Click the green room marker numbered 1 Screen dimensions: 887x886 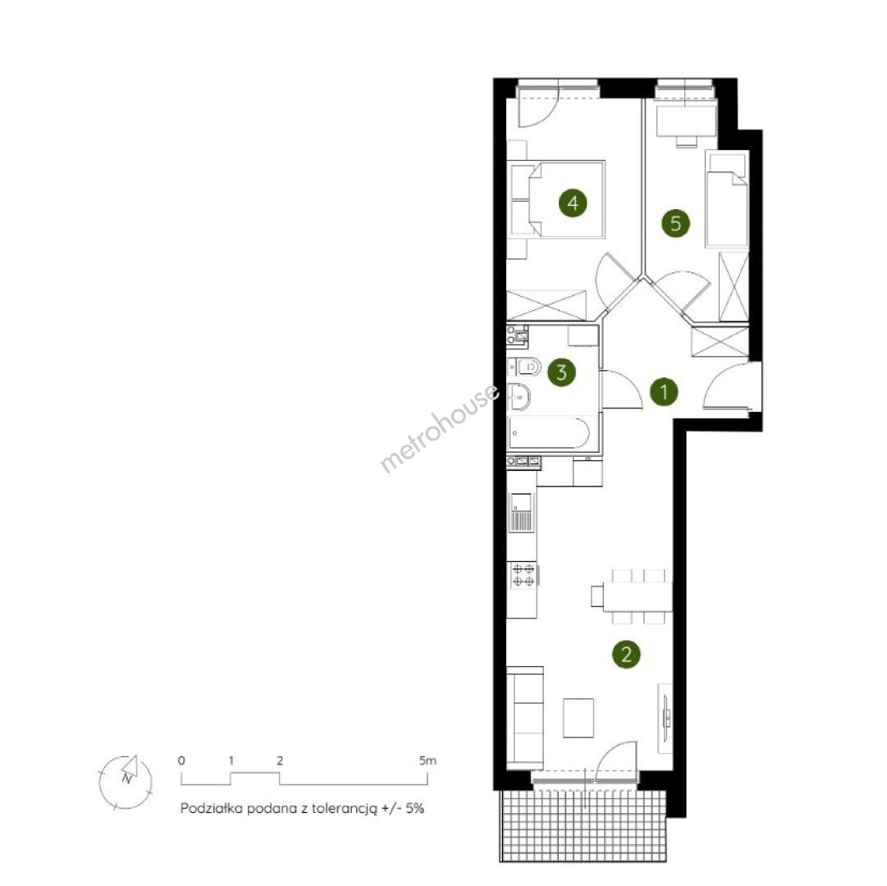(664, 391)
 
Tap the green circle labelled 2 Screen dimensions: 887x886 (626, 655)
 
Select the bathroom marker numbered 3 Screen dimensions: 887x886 (561, 372)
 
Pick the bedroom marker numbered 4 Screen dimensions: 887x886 (573, 203)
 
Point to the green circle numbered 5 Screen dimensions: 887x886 (675, 223)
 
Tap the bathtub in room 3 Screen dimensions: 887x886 (549, 432)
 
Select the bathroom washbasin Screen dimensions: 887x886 (519, 397)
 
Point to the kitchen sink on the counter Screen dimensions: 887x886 (521, 512)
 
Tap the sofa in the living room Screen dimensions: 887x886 (524, 718)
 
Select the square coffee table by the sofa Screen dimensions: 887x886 (578, 718)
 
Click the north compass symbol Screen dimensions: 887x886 (126, 783)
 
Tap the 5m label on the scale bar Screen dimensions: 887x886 (427, 760)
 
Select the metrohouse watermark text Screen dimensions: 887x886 (439, 427)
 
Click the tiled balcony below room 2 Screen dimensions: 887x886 (583, 825)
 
